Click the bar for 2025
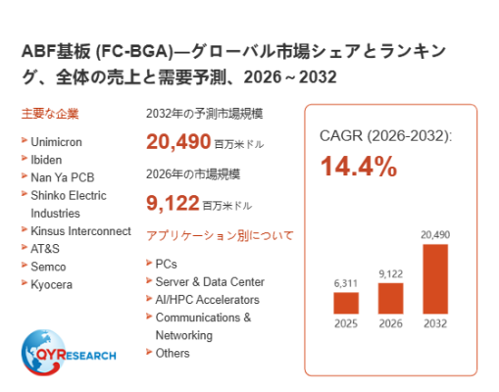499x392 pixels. pos(346,303)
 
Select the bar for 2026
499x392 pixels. pos(390,298)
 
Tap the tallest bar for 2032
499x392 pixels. pos(435,279)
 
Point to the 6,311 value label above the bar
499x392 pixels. pos(346,283)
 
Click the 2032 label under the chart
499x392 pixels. pos(435,323)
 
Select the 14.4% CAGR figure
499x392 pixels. pos(359,167)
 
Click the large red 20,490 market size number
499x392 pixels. pos(178,141)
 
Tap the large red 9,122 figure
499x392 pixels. pos(173,203)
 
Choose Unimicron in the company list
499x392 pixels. pos(56,142)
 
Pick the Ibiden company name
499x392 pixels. pos(46,160)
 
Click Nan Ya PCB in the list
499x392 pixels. pos(63,177)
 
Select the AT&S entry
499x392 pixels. pos(45,249)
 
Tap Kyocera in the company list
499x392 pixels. pos(51,284)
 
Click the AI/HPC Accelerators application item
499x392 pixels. pos(208,300)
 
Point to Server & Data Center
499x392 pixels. pos(210,281)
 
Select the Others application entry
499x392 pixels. pos(173,353)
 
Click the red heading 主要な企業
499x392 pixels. pos(50,114)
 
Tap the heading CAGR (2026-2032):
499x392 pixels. pos(385,135)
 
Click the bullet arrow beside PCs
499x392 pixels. pos(149,263)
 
